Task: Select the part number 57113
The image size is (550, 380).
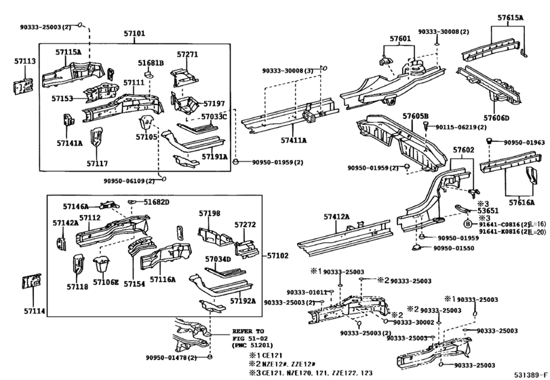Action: coord(25,60)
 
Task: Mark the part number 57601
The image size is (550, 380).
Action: coord(399,39)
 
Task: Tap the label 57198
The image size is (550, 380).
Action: coord(210,213)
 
